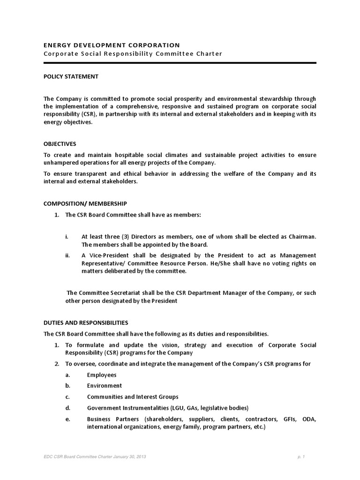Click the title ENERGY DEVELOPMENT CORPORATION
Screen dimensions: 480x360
pos(111,45)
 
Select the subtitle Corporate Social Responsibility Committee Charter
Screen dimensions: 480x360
pos(133,54)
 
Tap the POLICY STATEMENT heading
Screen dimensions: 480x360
pos(71,76)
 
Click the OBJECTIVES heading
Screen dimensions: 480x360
pos(60,144)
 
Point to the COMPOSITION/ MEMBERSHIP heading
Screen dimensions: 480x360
pos(85,203)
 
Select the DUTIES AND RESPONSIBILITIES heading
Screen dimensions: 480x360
pos(85,323)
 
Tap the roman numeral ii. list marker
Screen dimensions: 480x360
pos(67,255)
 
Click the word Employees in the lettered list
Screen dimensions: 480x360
pos(102,375)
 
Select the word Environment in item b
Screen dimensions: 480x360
pos(104,386)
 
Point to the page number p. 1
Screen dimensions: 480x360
pos(300,456)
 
